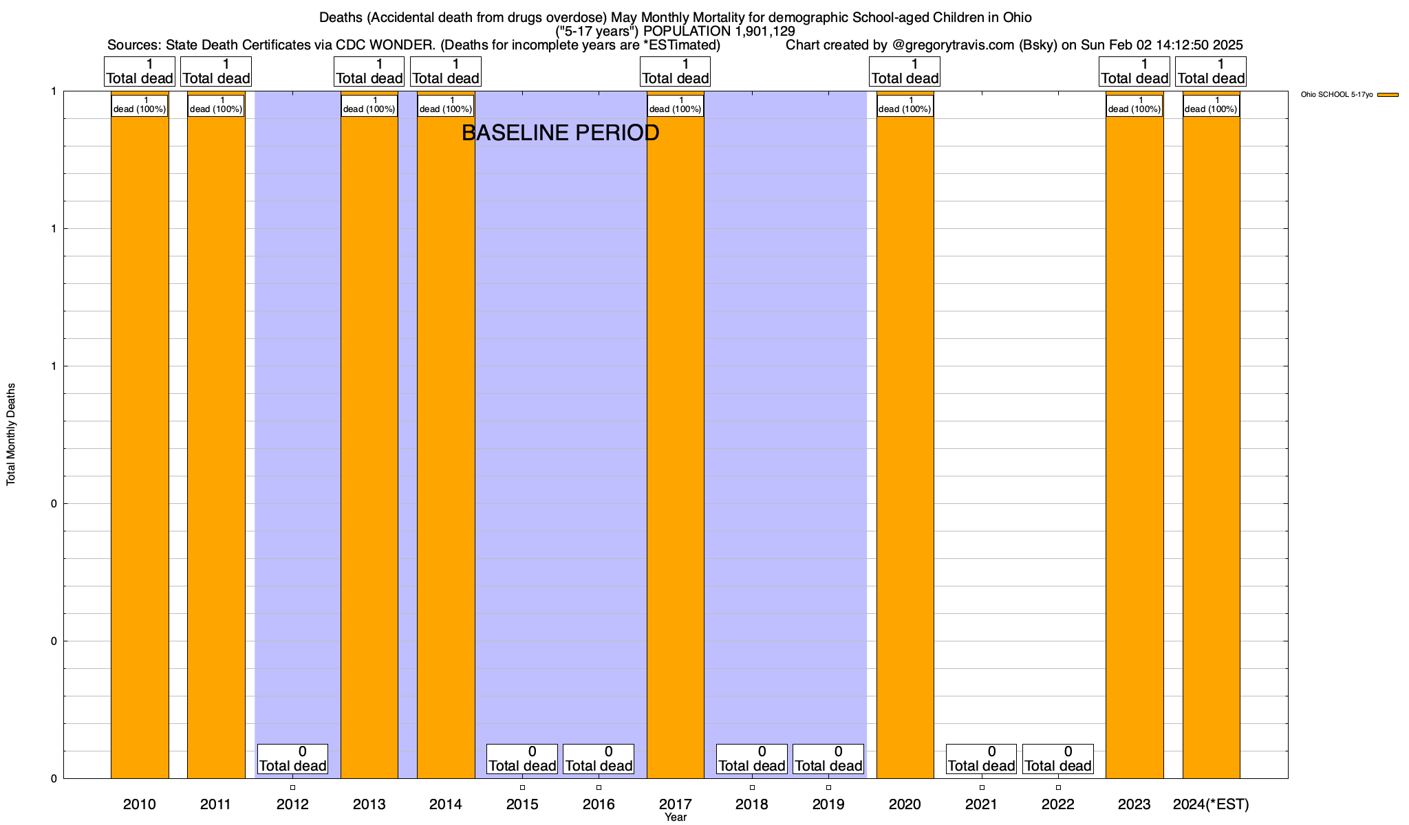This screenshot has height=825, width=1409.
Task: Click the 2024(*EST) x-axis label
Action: pyautogui.click(x=1211, y=804)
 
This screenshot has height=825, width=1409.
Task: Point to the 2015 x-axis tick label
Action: pyautogui.click(x=522, y=804)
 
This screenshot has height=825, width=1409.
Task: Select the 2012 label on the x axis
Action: pyautogui.click(x=292, y=804)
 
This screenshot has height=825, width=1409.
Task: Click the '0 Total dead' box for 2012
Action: pyautogui.click(x=292, y=759)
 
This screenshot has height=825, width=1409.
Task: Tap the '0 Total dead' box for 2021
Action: pyautogui.click(x=981, y=759)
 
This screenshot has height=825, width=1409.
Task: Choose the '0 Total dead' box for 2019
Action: pyautogui.click(x=828, y=759)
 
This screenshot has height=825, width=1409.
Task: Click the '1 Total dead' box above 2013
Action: pyautogui.click(x=369, y=71)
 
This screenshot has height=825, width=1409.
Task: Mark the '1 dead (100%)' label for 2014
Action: pyautogui.click(x=446, y=105)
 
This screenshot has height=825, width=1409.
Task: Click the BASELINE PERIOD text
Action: pyautogui.click(x=560, y=133)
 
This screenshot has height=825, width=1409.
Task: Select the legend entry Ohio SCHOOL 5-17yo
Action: pyautogui.click(x=1348, y=95)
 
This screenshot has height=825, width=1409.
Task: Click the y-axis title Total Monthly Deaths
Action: pyautogui.click(x=11, y=434)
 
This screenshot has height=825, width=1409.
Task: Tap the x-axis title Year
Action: pyautogui.click(x=676, y=817)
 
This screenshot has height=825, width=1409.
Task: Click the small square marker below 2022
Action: pyautogui.click(x=1058, y=787)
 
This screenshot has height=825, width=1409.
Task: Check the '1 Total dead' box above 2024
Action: pyautogui.click(x=1211, y=71)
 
